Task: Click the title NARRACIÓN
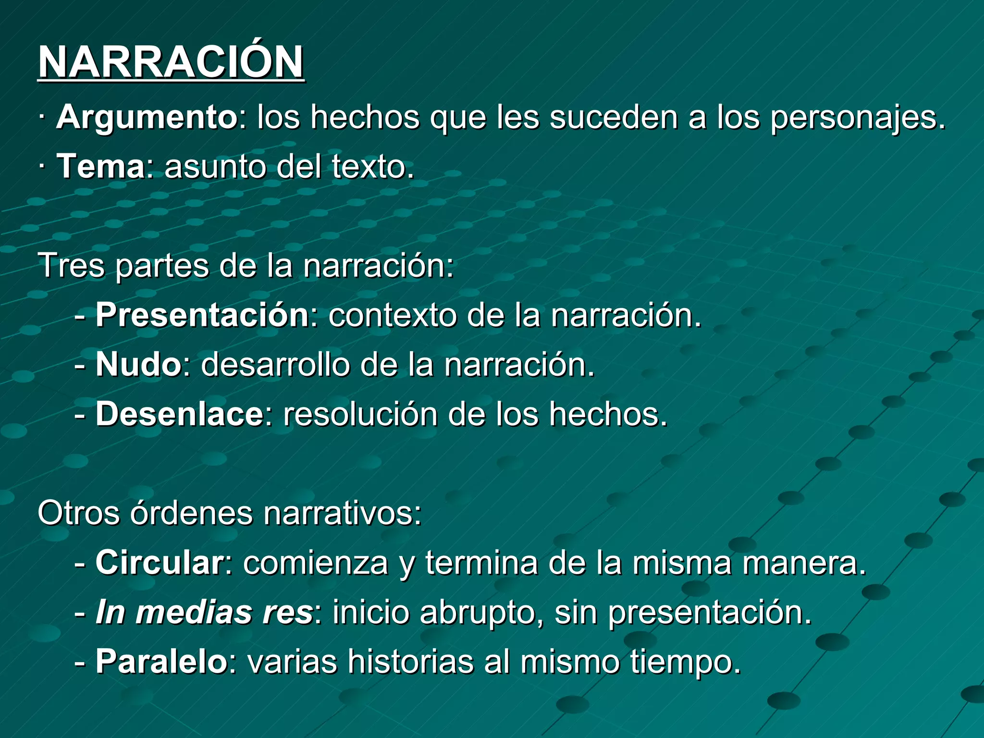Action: pyautogui.click(x=171, y=62)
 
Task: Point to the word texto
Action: pyautogui.click(x=368, y=167)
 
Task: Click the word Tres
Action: pyautogui.click(x=71, y=265)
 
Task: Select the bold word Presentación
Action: pyautogui.click(x=202, y=315)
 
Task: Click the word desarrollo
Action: pyautogui.click(x=275, y=365)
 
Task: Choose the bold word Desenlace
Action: pyautogui.click(x=179, y=414)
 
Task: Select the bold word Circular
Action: pyautogui.click(x=159, y=563)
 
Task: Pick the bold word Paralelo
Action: pyautogui.click(x=161, y=662)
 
